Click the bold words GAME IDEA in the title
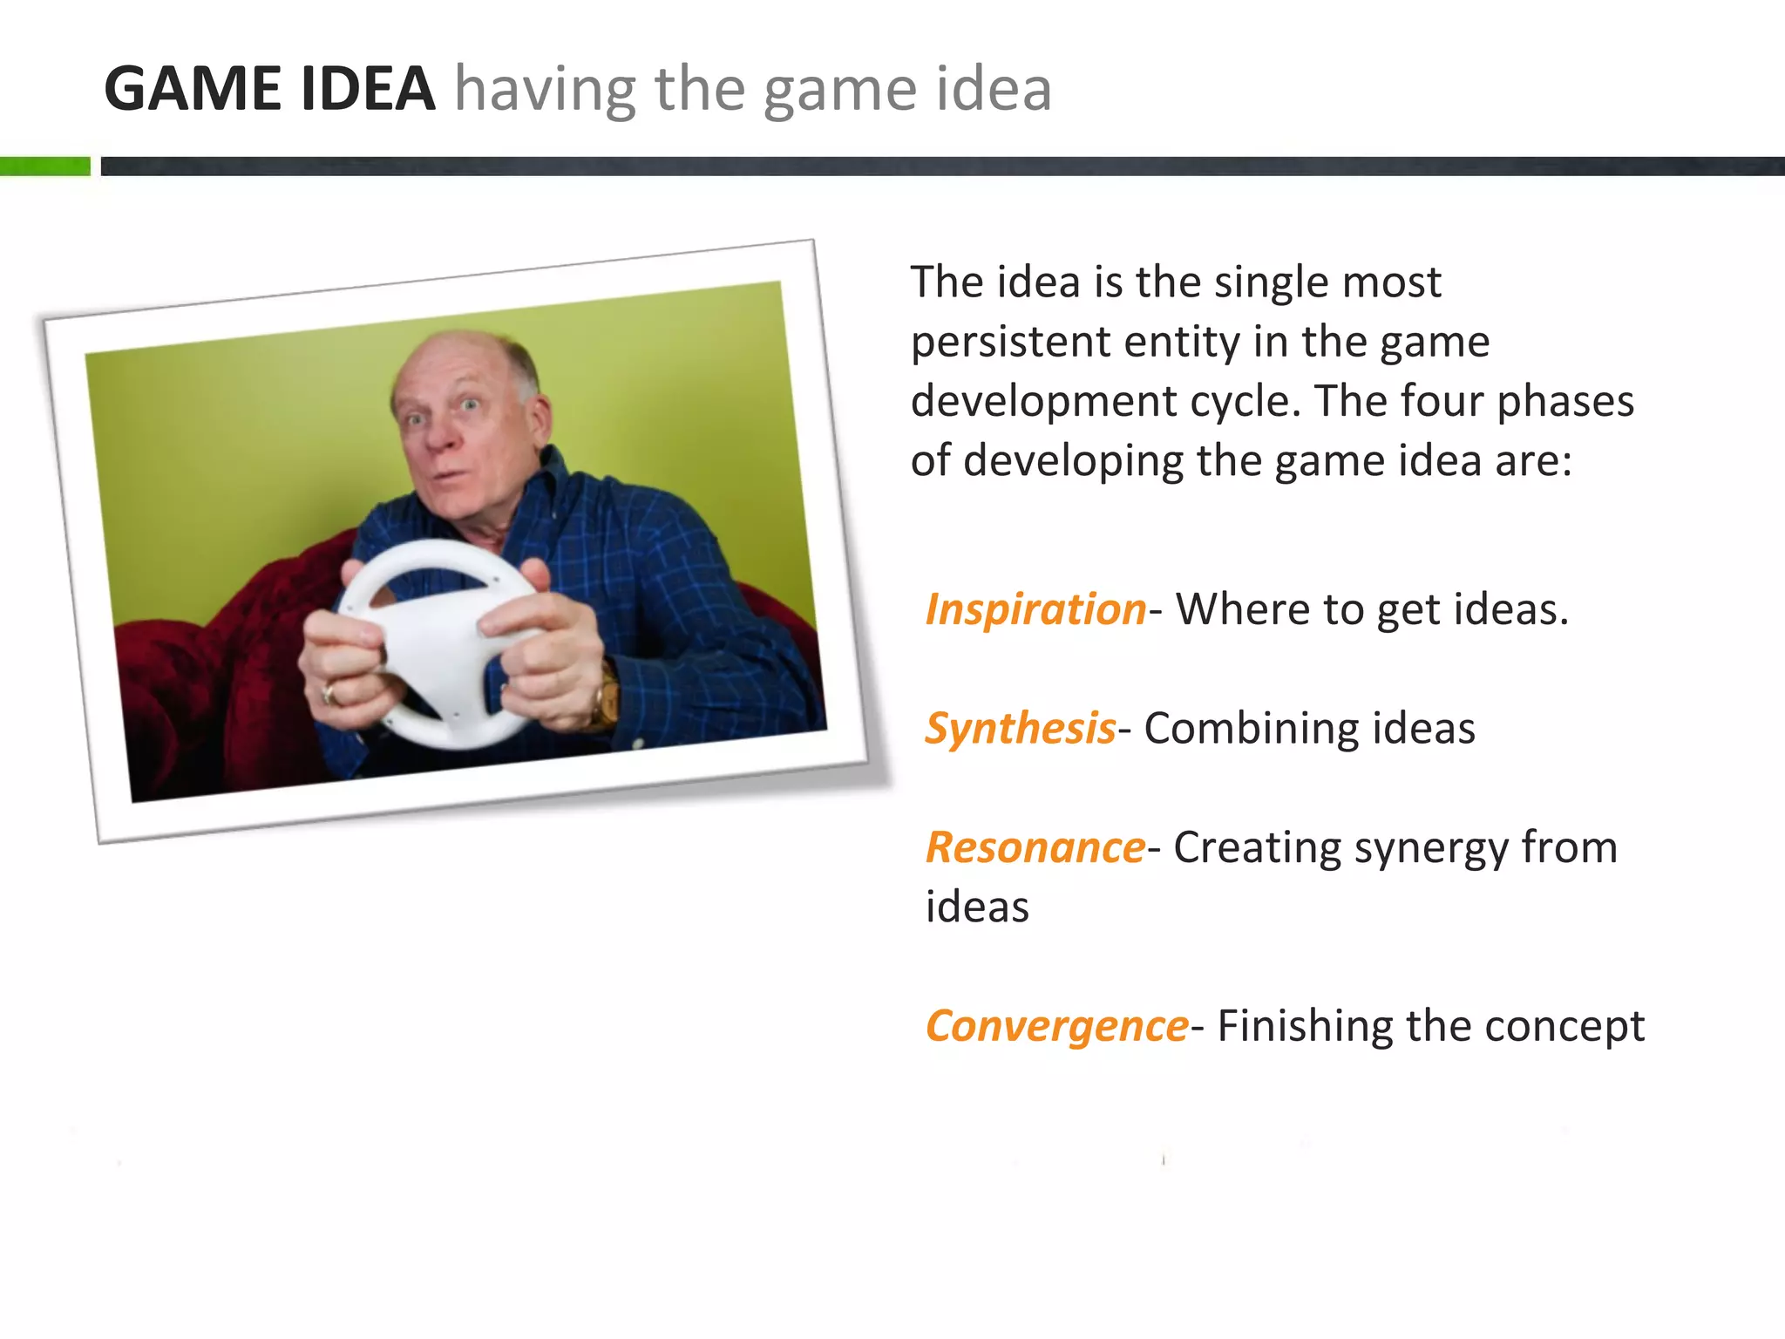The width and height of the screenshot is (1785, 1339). [269, 89]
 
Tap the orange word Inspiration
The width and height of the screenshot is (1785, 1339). [1035, 608]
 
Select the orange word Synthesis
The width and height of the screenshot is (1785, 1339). [1020, 728]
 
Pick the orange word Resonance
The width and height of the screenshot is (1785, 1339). [1035, 847]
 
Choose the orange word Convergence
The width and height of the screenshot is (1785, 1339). [1056, 1026]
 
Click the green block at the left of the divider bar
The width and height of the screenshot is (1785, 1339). [44, 166]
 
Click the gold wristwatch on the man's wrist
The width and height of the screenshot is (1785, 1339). [607, 693]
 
